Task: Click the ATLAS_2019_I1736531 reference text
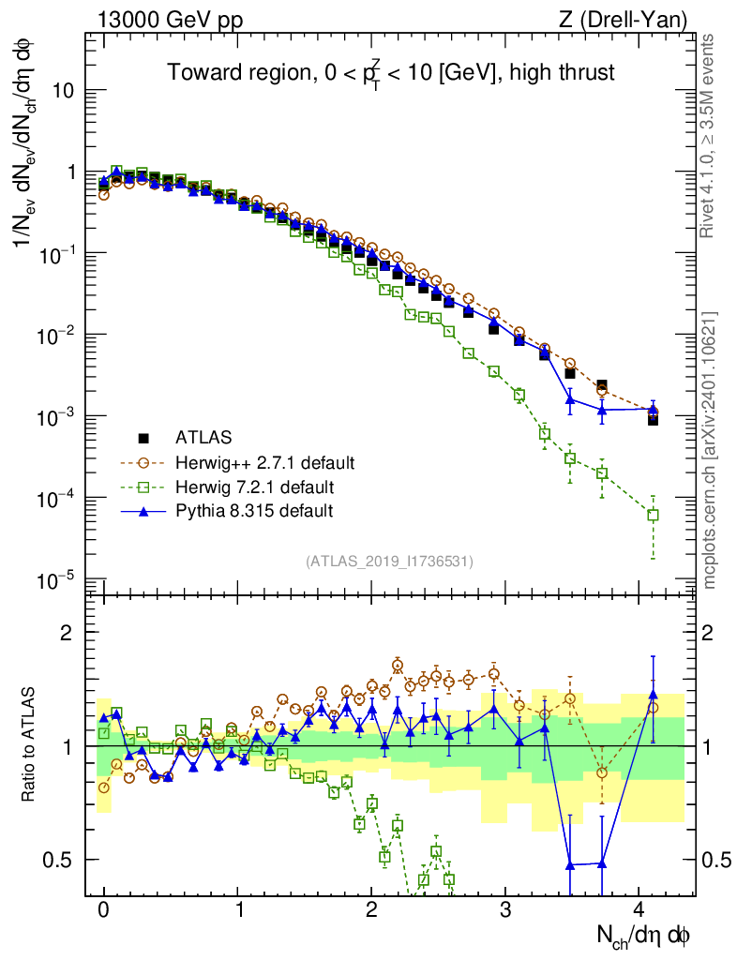(x=389, y=562)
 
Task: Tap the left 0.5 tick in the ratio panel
(x=67, y=860)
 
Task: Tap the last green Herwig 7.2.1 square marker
(x=653, y=515)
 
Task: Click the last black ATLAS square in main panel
(x=653, y=420)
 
